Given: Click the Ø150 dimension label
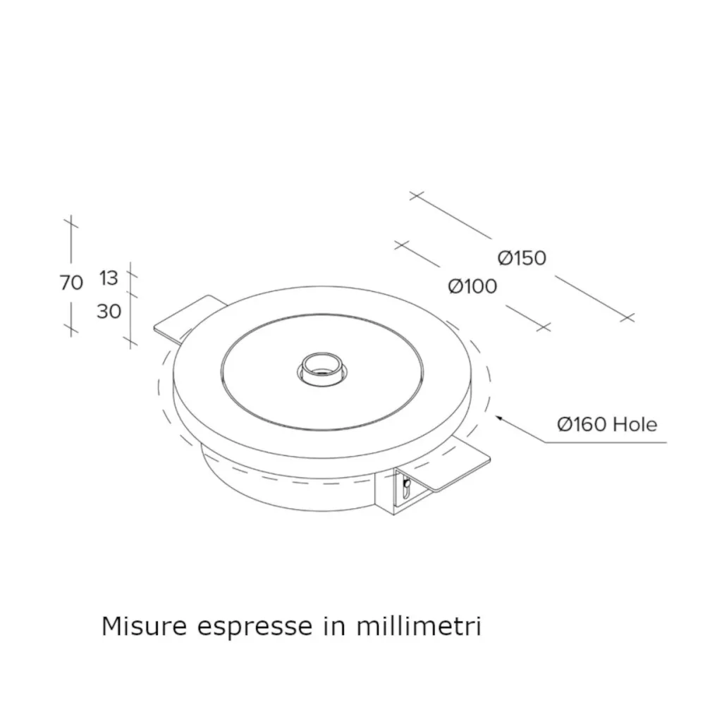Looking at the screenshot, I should [522, 258].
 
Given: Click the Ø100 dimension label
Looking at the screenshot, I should [472, 286].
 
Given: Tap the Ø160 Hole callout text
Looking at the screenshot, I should [606, 424].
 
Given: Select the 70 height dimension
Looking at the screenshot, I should [71, 283].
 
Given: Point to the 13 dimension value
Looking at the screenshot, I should [108, 278].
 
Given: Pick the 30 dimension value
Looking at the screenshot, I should [109, 311].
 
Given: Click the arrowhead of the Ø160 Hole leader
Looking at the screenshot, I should [499, 419].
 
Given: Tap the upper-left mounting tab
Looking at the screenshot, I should [185, 314].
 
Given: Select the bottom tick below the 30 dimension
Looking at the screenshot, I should [129, 342].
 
